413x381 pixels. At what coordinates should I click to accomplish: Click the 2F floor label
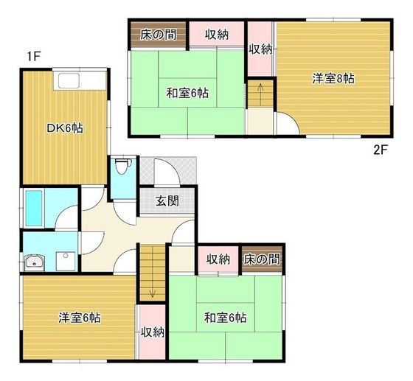coord(380,150)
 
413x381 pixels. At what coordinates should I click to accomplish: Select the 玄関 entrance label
coord(167,200)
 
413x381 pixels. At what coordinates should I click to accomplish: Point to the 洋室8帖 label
coord(333,78)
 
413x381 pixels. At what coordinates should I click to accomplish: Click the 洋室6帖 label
coord(80,318)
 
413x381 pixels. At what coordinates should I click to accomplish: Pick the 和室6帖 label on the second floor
coord(187,94)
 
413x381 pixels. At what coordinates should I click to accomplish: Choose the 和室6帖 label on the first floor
coord(225,318)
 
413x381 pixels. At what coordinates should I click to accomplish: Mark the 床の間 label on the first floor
coord(263,259)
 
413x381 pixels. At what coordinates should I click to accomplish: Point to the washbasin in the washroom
coord(33,262)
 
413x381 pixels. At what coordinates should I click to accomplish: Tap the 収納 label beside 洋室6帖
coord(152,332)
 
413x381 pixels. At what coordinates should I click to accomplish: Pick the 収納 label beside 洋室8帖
coord(260,49)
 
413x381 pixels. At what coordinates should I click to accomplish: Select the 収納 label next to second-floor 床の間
coord(216,34)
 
